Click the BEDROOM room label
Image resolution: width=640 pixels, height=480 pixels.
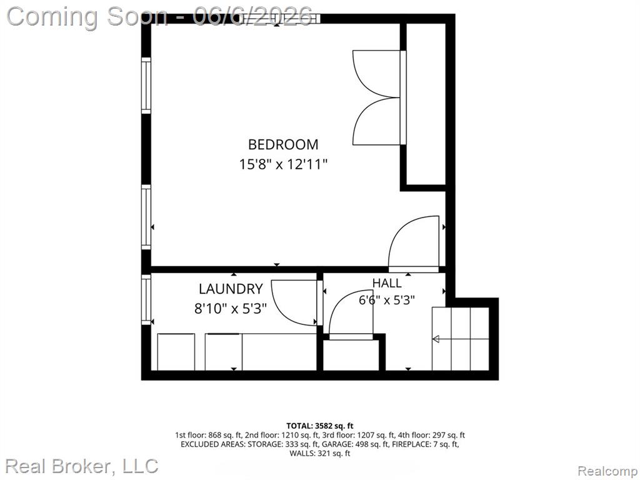click(283, 144)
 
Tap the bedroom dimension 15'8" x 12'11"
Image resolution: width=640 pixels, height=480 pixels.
click(283, 164)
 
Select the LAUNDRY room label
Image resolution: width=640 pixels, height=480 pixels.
click(231, 289)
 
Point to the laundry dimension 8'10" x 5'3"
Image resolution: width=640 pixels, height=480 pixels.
click(230, 308)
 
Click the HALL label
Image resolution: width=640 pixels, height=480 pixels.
click(386, 283)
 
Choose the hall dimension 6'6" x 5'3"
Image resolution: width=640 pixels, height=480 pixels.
click(386, 301)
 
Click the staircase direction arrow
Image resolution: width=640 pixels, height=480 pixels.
click(461, 339)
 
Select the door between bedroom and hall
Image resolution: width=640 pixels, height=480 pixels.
click(414, 244)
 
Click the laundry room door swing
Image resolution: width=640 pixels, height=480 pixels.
click(296, 303)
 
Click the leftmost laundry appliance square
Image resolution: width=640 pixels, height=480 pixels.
click(176, 352)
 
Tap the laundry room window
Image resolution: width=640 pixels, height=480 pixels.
click(146, 299)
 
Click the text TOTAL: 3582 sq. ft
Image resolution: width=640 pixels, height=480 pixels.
click(319, 426)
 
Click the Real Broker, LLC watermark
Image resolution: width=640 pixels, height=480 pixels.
click(82, 466)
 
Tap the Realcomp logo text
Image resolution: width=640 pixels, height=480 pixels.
click(607, 471)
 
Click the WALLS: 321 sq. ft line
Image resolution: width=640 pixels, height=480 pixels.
click(319, 453)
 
